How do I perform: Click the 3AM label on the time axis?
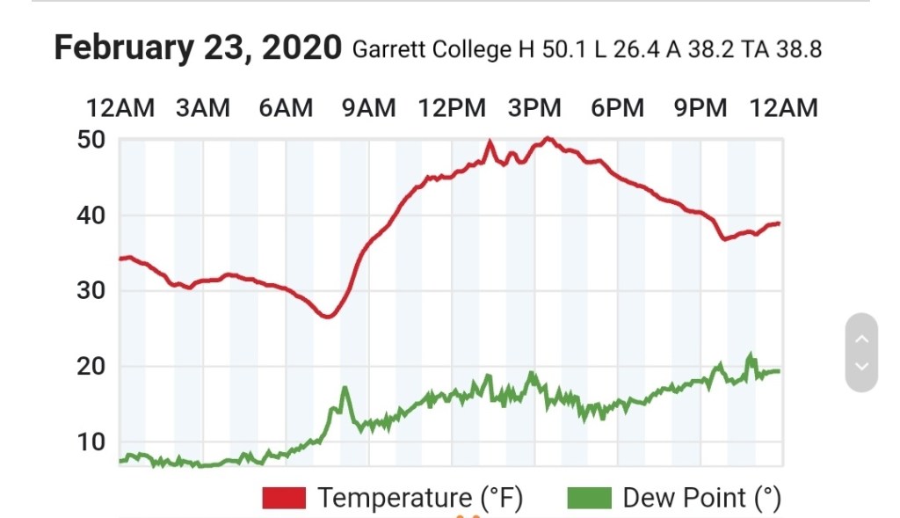203,108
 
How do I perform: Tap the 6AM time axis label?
286,108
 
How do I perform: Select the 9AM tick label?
368,108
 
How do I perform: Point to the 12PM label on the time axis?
452,108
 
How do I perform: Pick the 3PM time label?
534,108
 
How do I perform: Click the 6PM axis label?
617,108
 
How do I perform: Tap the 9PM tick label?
700,108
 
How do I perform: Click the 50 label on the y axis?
92,140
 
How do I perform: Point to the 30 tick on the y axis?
92,291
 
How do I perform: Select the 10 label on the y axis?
92,442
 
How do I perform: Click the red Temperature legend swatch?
284,499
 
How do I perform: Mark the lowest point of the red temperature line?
327,317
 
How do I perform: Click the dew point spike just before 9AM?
345,388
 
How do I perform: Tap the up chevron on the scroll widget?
861,339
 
